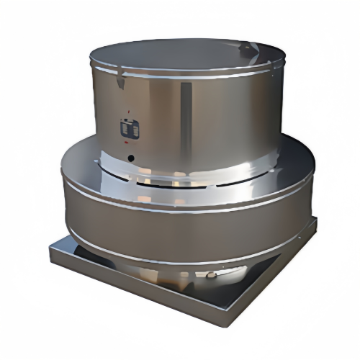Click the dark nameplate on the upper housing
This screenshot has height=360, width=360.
pos(129,129)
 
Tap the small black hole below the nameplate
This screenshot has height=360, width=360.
pos(130,156)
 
